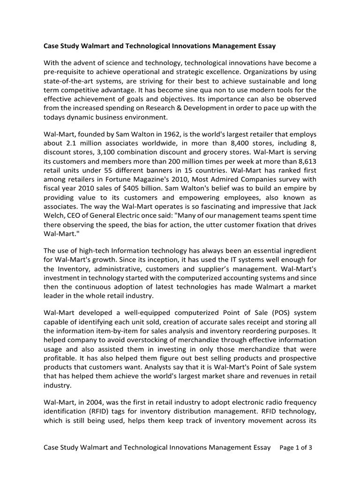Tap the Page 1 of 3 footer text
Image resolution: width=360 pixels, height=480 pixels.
click(295, 448)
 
